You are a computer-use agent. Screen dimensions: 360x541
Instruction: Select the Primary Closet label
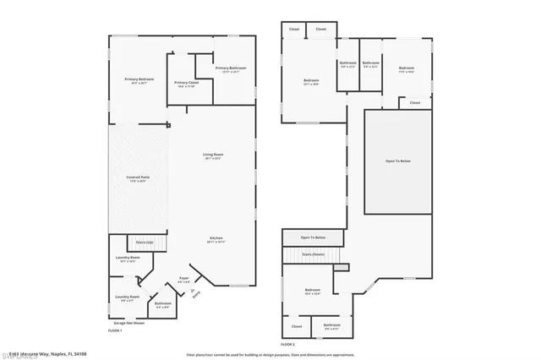[185, 84]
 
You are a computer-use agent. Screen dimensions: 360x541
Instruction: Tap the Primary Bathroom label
[231, 69]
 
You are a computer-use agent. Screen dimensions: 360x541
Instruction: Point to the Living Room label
[212, 155]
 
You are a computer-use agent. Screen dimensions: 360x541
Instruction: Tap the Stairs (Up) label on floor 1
[145, 243]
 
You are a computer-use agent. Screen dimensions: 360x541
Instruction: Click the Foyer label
[183, 278]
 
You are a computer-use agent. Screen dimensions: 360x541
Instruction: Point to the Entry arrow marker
[198, 293]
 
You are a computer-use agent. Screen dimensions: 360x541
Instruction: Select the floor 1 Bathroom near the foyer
[163, 304]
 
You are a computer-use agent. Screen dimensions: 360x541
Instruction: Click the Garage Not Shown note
[128, 323]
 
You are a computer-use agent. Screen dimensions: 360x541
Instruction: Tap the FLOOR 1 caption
[115, 330]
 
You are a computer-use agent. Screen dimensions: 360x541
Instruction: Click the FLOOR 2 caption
[288, 344]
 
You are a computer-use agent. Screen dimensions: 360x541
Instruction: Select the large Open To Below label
[397, 161]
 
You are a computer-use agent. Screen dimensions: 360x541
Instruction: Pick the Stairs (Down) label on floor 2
[314, 254]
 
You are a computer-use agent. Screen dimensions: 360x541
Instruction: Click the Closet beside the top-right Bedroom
[414, 103]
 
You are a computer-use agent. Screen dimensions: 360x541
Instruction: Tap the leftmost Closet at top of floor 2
[294, 30]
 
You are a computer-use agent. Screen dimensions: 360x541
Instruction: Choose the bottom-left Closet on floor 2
[297, 325]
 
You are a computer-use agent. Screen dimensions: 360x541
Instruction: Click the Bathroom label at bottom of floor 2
[331, 325]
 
